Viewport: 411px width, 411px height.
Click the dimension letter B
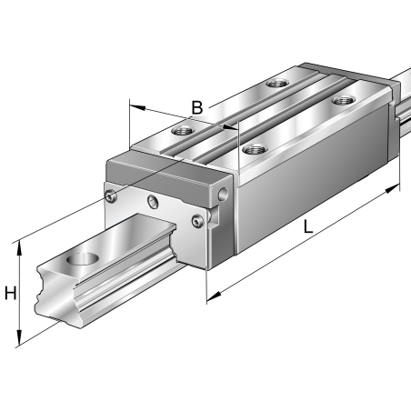pyautogui.click(x=196, y=108)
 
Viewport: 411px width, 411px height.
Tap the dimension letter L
pyautogui.click(x=309, y=230)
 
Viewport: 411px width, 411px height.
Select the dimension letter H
pyautogui.click(x=11, y=294)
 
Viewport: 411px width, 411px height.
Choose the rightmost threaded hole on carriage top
pyautogui.click(x=343, y=100)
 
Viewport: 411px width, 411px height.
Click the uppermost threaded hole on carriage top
pyautogui.click(x=275, y=84)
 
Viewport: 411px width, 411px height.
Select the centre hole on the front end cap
pyautogui.click(x=154, y=201)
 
